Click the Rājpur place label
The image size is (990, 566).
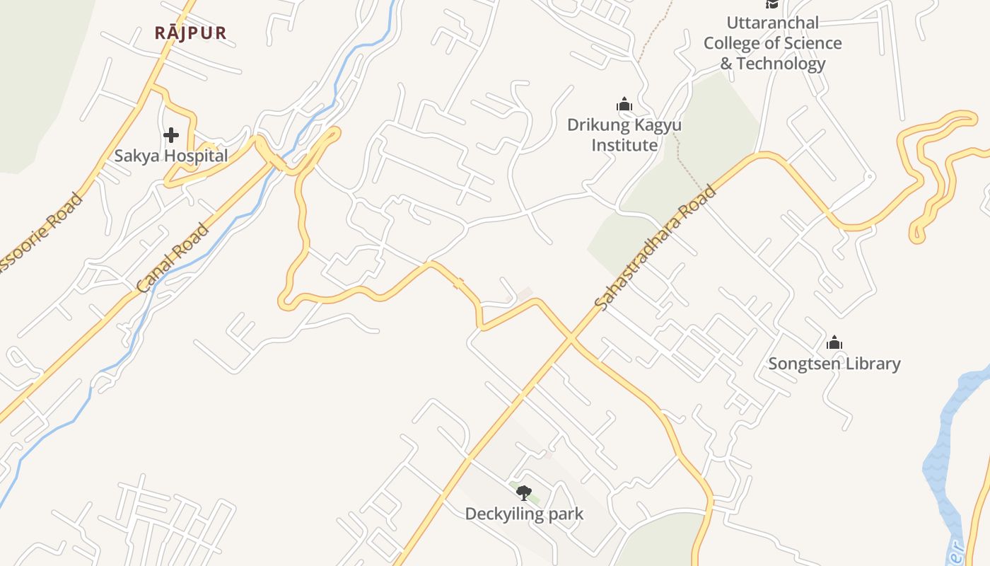tap(191, 33)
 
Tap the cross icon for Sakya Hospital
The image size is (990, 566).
tap(170, 134)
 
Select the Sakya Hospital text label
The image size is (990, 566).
tap(171, 156)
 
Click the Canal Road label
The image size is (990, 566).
tap(174, 258)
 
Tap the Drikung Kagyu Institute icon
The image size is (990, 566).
tap(624, 105)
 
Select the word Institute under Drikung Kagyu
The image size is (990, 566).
tap(624, 145)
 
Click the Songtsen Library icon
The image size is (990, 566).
tap(834, 343)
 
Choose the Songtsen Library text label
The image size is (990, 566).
tap(834, 364)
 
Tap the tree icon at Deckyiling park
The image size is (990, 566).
tap(523, 492)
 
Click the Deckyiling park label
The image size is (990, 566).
tap(524, 514)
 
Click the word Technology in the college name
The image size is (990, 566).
tap(781, 64)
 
